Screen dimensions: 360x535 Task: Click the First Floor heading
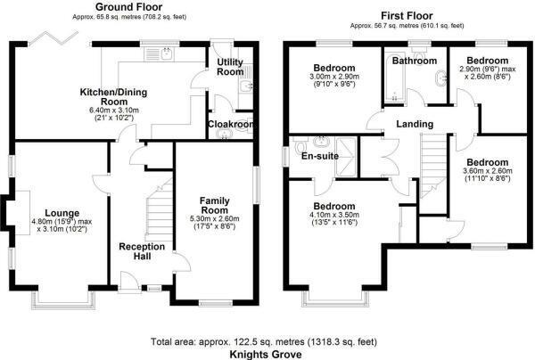click(x=401, y=16)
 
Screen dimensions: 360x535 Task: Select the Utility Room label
click(x=230, y=67)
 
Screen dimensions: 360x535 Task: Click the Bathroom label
click(x=416, y=61)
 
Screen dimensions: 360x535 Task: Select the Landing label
click(x=416, y=124)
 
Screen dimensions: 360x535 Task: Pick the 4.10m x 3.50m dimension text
click(x=335, y=214)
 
